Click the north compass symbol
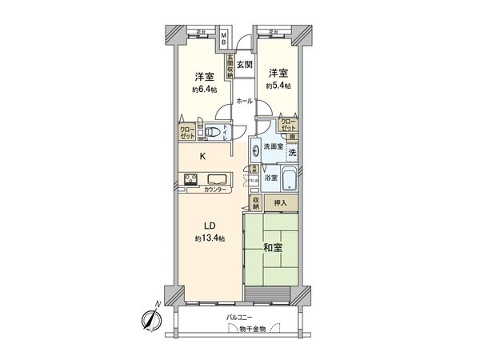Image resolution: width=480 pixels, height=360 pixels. click(150, 318)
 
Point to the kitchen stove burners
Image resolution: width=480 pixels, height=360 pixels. click(190, 180)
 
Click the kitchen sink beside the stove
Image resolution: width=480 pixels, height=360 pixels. click(218, 179)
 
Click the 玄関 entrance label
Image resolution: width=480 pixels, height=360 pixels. click(245, 65)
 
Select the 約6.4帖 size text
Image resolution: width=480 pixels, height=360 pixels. click(203, 90)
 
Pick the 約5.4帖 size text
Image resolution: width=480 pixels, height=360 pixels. click(278, 85)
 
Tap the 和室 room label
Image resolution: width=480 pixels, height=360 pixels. click(272, 248)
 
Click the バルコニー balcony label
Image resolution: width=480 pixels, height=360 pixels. click(239, 318)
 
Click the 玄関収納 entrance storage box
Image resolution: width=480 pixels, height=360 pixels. click(229, 63)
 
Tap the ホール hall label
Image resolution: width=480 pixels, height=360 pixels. click(245, 101)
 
